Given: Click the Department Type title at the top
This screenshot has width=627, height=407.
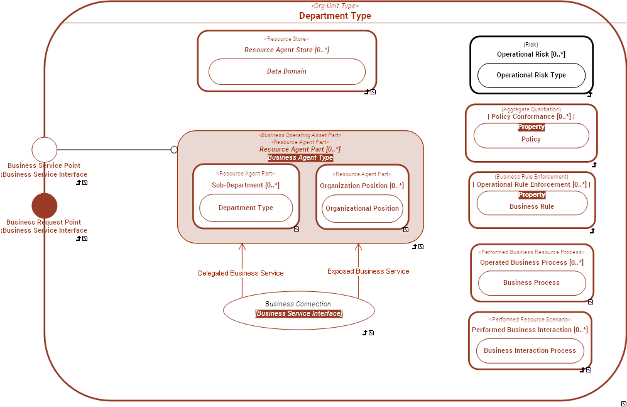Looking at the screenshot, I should click(x=335, y=16).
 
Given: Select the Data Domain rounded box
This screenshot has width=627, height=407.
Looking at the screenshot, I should click(x=286, y=72).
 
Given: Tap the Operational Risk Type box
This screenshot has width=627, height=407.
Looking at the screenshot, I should click(x=531, y=75).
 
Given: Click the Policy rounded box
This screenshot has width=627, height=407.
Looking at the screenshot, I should click(x=531, y=139).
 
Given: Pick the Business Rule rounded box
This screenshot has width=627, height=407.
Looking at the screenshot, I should click(x=532, y=206).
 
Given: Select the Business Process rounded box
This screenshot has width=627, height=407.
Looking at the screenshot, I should click(x=532, y=283).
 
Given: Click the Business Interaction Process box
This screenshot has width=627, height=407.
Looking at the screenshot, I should click(x=530, y=351).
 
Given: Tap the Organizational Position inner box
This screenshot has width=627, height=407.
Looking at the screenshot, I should click(x=362, y=209).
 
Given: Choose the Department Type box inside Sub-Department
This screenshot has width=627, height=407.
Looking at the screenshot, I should click(x=246, y=208).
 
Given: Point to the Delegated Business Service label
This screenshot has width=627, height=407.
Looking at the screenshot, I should click(x=241, y=274).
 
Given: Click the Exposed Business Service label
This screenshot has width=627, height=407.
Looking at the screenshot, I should click(x=368, y=272).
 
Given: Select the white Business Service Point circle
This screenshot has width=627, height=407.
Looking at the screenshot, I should click(x=45, y=150).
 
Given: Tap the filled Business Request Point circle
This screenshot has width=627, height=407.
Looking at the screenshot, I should click(x=45, y=206).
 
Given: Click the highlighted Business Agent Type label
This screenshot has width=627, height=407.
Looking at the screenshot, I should click(x=300, y=158).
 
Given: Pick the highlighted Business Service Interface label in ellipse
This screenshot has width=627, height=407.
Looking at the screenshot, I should click(x=299, y=314).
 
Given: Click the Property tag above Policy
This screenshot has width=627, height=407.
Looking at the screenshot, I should click(x=531, y=127).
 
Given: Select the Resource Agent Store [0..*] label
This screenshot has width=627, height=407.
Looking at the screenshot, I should click(x=286, y=50).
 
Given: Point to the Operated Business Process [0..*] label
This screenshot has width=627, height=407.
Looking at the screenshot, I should click(x=532, y=263).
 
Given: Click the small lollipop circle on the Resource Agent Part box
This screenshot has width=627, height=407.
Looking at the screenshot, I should click(x=174, y=150).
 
